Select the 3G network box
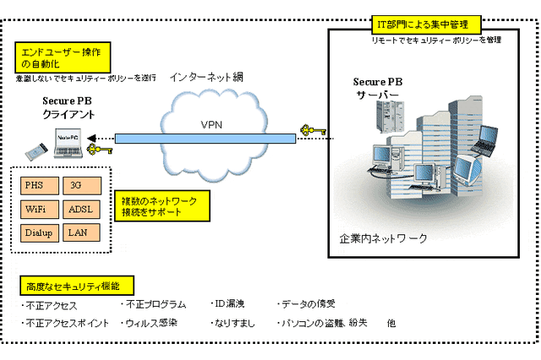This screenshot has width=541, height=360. point(83,184)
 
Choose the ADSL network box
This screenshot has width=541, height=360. point(83,208)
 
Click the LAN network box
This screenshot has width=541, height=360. point(83,232)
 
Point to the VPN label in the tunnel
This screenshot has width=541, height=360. point(211,125)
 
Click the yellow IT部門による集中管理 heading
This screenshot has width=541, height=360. point(427,24)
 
